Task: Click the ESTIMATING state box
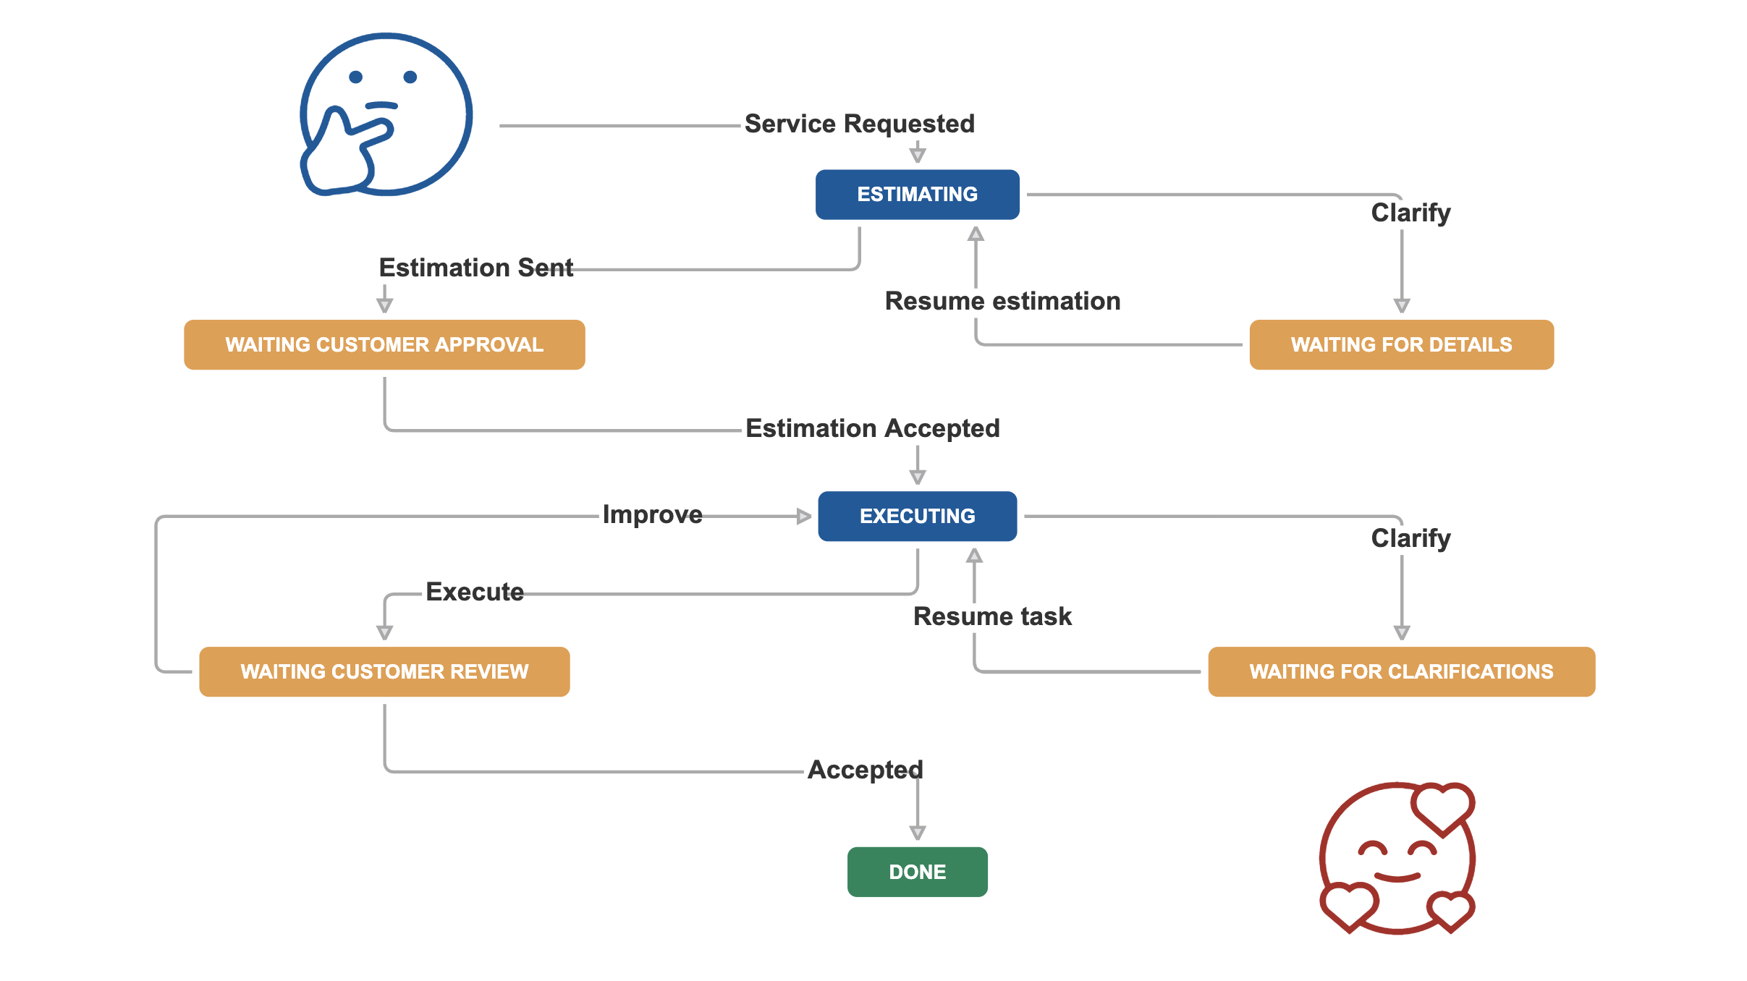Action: coord(917,195)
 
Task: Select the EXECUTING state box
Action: coord(917,516)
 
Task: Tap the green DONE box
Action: coord(917,872)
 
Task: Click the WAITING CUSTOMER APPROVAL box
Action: coord(384,344)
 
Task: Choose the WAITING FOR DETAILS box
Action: coord(1401,344)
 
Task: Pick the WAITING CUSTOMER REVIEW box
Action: coord(384,671)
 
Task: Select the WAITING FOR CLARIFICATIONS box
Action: coord(1401,671)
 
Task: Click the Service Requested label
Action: coord(860,124)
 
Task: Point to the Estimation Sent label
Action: coord(476,268)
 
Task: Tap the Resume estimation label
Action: coord(1002,301)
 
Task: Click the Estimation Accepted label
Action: coord(873,428)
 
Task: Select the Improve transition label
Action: coord(653,514)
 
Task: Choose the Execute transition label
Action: coord(475,592)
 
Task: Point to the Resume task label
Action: coord(992,616)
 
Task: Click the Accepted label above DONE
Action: coord(866,770)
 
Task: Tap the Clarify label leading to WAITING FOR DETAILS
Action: coord(1410,213)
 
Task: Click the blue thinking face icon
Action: coord(386,114)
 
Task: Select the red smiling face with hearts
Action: coord(1397,858)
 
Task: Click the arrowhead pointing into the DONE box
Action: coord(918,833)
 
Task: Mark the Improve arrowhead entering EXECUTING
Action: coord(803,516)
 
